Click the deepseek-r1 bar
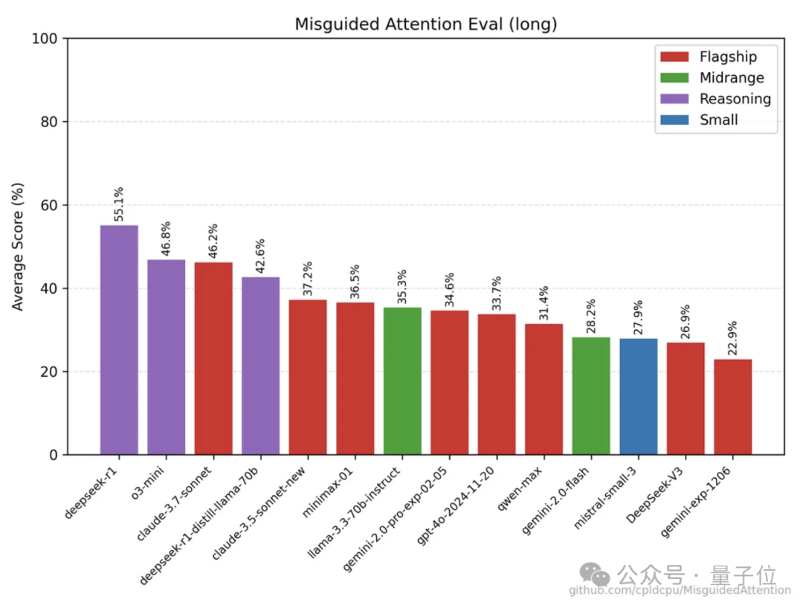(119, 340)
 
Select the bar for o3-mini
(167, 357)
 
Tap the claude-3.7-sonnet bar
(213, 358)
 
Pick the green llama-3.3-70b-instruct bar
(402, 381)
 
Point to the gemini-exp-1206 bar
(732, 407)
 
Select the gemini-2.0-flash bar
(591, 395)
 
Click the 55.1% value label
(119, 204)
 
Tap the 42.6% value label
(260, 256)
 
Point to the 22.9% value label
(732, 339)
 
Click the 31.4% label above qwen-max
(544, 303)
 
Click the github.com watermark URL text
(680, 590)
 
